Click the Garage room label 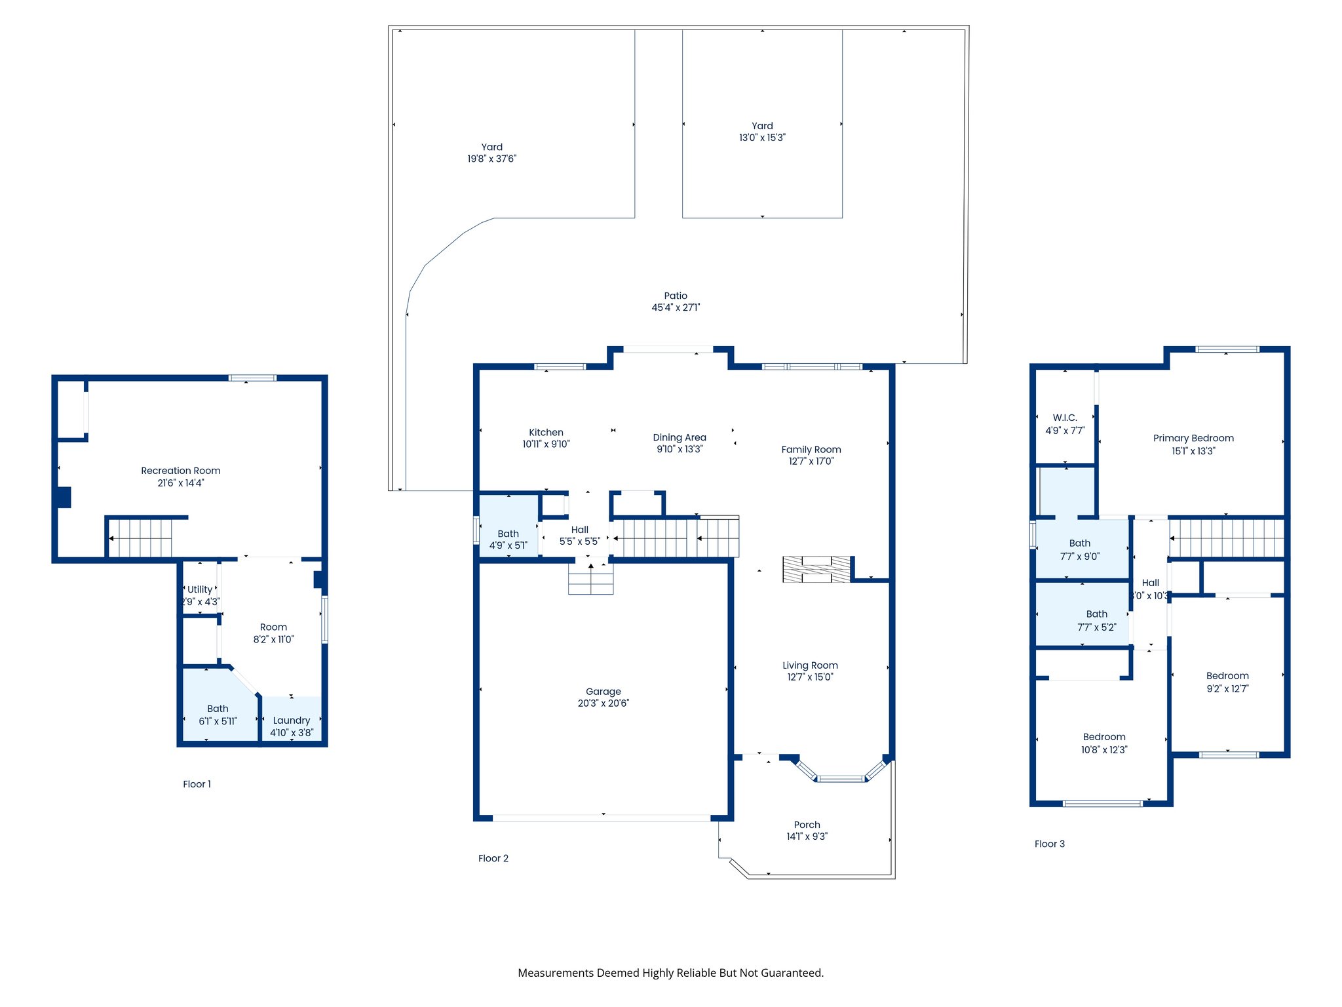coord(603,691)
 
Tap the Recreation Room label coord(181,471)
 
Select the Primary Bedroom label coord(1193,438)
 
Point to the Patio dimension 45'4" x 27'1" coord(676,307)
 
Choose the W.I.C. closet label coord(1065,418)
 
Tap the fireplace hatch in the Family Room coord(816,569)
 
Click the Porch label coord(807,825)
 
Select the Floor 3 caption coord(1050,844)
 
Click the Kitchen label coord(546,433)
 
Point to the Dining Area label coord(680,437)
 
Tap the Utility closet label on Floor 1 coord(200,589)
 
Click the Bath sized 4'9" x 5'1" coord(508,526)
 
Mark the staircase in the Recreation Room coord(140,538)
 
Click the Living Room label coord(810,665)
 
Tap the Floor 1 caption coord(197,784)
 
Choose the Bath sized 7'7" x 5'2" coord(1082,614)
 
